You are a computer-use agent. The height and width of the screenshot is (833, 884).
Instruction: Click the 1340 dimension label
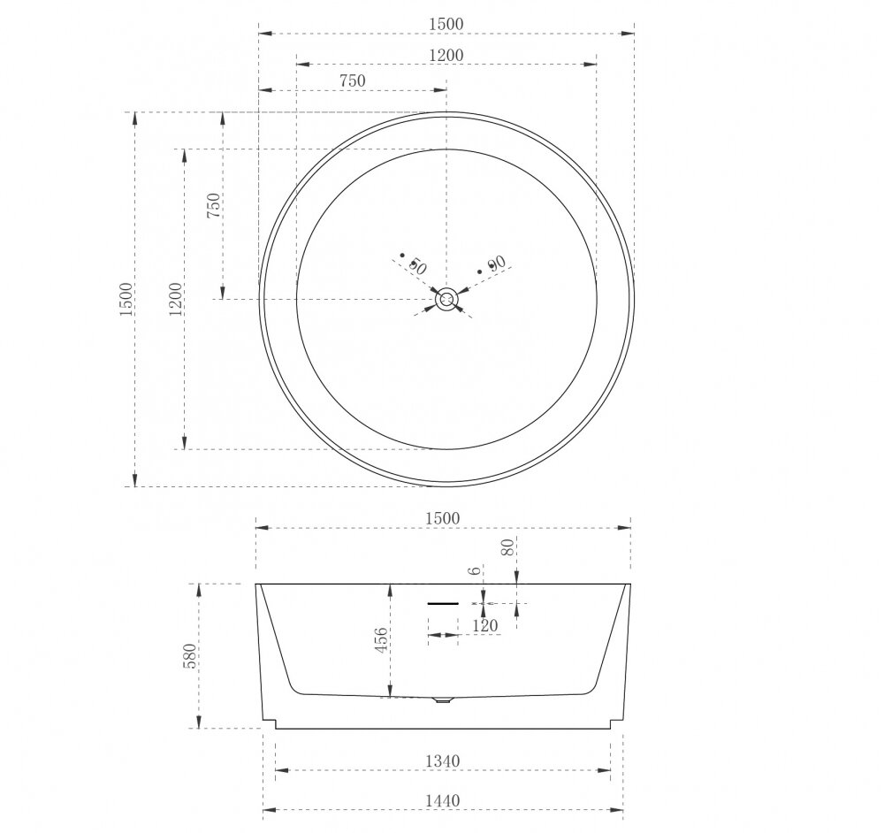coord(443,760)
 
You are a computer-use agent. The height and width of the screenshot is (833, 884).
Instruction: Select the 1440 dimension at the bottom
coord(443,800)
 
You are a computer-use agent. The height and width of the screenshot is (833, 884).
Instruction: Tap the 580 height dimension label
coord(191,656)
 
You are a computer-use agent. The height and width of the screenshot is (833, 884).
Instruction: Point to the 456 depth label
coord(381,640)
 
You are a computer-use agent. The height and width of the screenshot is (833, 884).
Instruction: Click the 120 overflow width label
coord(485,625)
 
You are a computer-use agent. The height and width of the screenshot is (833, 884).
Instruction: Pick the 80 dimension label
coord(508,547)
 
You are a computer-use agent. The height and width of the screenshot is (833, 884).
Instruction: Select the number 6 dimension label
coord(476,570)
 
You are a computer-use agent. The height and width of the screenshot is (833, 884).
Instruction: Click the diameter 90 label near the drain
coord(496,264)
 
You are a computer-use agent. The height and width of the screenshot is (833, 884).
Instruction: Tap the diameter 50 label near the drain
coord(416,265)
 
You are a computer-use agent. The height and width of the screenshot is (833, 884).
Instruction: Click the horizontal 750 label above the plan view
coord(353,80)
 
